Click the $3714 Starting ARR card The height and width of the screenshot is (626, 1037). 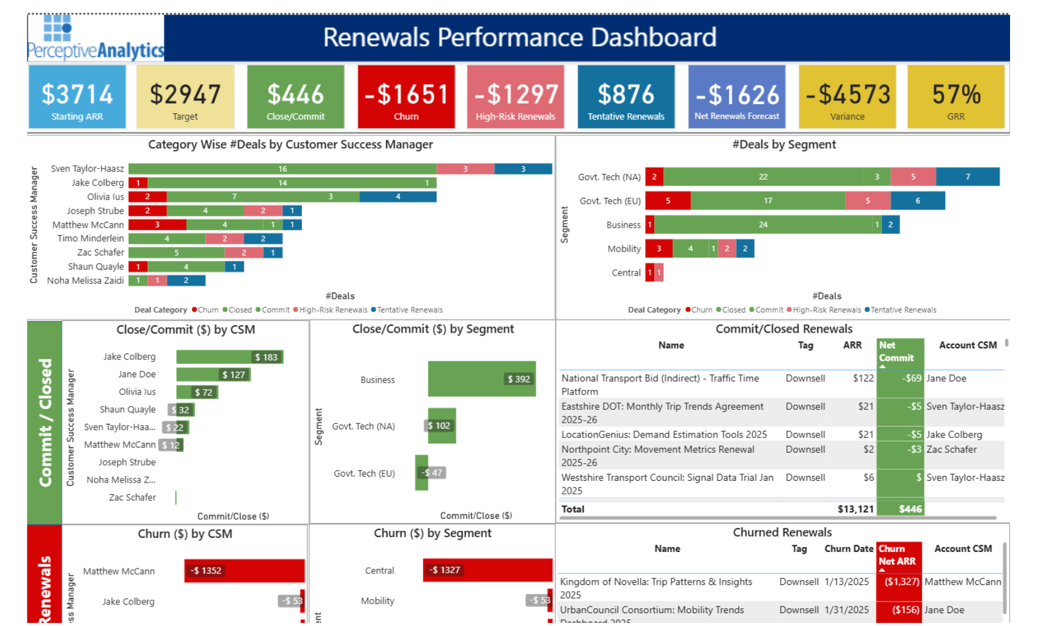(77, 97)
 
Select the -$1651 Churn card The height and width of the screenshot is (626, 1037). (406, 97)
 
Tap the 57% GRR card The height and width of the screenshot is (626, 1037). (956, 97)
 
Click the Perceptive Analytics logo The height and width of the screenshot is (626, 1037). (96, 38)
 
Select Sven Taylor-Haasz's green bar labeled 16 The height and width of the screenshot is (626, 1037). (282, 169)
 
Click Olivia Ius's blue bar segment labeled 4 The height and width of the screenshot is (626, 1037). (398, 197)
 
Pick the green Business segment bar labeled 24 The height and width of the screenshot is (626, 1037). (763, 225)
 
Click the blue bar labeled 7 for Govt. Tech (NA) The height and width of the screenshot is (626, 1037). (967, 177)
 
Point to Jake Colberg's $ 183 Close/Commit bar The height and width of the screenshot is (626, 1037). (229, 357)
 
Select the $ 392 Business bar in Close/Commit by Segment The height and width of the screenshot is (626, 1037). (481, 379)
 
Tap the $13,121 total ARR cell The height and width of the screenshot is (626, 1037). (855, 509)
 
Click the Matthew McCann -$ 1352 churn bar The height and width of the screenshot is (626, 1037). (244, 570)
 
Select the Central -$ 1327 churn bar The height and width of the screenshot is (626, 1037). (487, 570)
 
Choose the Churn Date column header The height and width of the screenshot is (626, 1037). (848, 549)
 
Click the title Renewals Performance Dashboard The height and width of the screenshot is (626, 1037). (519, 37)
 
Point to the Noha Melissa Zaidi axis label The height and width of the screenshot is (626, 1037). (85, 281)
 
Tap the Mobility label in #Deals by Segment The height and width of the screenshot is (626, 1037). (624, 249)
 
